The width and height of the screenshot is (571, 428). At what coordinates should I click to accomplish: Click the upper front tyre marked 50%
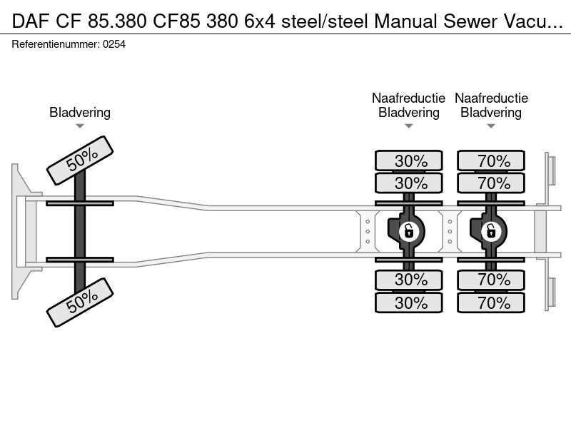click(80, 160)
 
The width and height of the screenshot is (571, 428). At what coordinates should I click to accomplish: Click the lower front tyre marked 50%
click(80, 302)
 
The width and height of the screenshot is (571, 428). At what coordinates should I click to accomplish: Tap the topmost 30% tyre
click(408, 160)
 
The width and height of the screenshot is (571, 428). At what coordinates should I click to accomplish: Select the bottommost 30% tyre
click(408, 302)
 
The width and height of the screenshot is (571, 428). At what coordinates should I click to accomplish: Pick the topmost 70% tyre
click(491, 160)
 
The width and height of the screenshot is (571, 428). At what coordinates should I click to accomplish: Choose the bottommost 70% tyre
click(491, 302)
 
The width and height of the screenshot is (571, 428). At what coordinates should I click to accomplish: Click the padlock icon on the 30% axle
click(408, 231)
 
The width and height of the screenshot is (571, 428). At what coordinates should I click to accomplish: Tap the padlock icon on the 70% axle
click(491, 231)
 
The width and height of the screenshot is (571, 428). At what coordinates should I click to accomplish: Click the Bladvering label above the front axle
click(80, 113)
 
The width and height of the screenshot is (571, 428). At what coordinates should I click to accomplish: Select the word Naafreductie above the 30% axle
click(408, 98)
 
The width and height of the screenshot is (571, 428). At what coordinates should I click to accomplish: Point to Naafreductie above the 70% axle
click(491, 98)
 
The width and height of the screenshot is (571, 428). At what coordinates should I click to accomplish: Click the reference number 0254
click(114, 44)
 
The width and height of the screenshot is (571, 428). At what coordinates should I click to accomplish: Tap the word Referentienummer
click(56, 44)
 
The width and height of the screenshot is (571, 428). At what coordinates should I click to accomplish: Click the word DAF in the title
click(31, 21)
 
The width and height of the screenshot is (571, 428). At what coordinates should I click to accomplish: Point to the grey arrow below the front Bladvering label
click(80, 126)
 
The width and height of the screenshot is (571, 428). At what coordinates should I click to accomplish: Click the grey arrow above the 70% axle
click(491, 126)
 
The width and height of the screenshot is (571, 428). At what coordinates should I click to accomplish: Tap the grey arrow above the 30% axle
click(408, 126)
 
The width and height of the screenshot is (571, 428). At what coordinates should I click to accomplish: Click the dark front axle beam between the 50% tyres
click(80, 231)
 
